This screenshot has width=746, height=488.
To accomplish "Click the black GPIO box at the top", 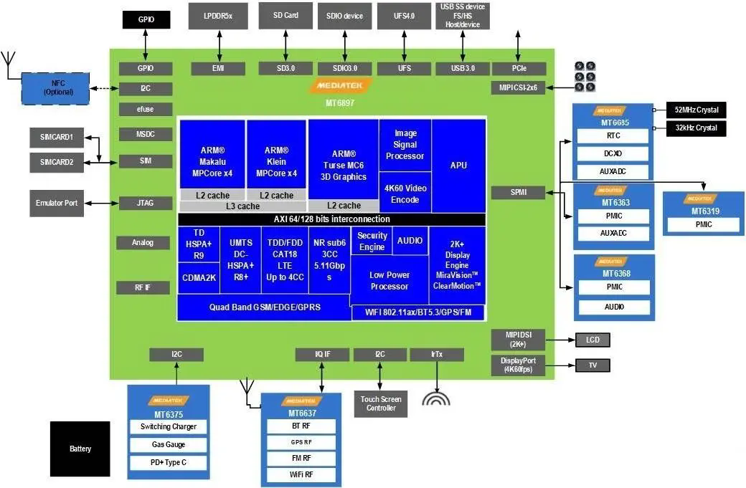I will [146, 19].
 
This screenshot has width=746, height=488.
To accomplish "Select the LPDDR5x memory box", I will [217, 16].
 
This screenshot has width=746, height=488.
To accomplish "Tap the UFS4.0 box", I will [405, 16].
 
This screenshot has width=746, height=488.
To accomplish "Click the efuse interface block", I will [145, 110].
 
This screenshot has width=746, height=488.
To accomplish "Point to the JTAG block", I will [145, 204].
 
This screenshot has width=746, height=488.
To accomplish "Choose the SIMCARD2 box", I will [57, 162].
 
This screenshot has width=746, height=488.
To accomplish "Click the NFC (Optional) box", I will [55, 87].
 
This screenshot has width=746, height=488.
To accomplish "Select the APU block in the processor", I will [458, 166].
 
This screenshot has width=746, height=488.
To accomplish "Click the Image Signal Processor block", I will [405, 145].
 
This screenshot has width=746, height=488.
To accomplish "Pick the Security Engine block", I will [372, 241].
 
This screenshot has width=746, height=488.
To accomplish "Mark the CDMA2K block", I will [199, 278].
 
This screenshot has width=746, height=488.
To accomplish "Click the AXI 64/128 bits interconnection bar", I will [331, 219].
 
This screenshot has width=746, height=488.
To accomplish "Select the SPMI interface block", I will [518, 193].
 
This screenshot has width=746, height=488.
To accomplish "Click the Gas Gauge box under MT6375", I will [169, 445].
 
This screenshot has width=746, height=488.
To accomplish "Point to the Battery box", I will [80, 449].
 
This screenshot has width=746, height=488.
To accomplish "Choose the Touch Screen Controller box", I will [380, 403].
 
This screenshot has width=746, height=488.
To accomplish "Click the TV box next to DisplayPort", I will [592, 365].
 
